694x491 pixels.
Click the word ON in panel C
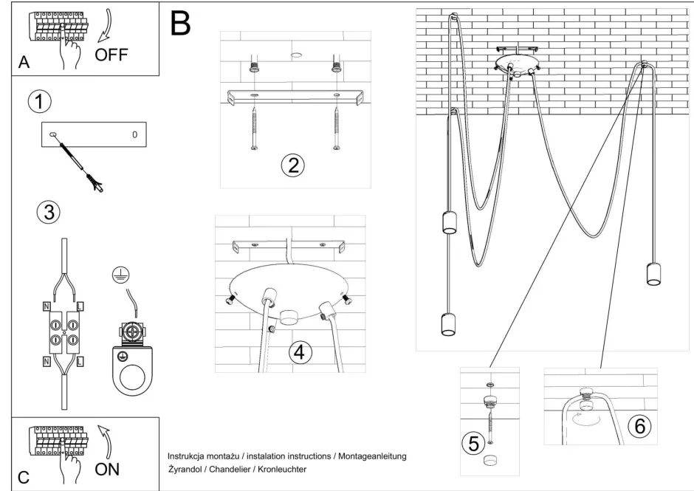click(107, 469)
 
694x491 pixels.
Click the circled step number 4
click(298, 352)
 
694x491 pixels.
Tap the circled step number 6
click(639, 426)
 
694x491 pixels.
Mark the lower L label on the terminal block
click(79, 362)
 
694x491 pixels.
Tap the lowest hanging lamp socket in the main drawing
click(447, 323)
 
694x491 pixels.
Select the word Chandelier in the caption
click(234, 469)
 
